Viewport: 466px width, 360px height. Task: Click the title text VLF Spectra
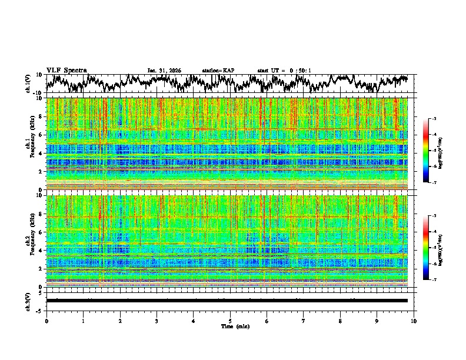66,71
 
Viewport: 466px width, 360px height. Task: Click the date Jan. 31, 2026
164,71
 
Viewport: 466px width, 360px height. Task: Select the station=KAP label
218,71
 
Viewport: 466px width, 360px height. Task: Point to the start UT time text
284,71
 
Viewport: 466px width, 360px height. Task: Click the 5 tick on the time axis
230,321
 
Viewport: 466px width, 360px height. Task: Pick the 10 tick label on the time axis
414,321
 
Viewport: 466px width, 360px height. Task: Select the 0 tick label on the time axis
46,321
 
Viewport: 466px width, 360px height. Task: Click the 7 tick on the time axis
304,321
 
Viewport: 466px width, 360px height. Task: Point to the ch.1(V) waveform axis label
29,84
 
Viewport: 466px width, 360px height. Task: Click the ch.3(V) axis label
29,300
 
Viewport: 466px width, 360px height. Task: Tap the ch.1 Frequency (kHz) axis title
29,144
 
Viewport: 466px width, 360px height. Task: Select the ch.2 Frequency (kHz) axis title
29,241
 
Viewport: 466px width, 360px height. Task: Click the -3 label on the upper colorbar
433,119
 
